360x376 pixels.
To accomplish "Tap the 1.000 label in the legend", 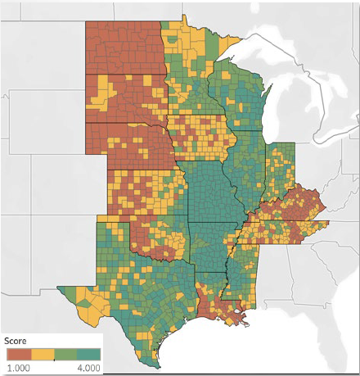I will tap(17, 368).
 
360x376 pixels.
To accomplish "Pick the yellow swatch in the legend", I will tap(42, 354).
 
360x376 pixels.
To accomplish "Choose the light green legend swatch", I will tap(65, 354).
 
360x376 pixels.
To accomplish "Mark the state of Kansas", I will tap(147, 193).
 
